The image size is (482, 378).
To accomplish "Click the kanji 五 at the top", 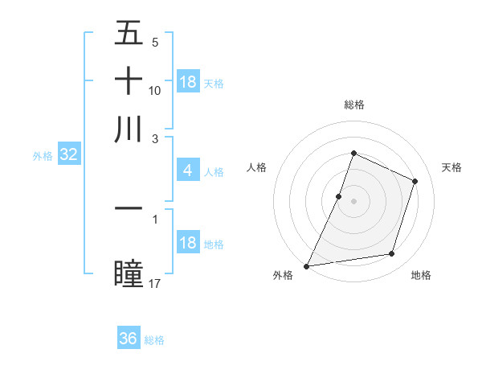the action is (x=129, y=35).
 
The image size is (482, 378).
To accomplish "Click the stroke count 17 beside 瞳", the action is (x=155, y=283).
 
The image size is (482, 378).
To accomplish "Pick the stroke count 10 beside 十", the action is (x=155, y=91).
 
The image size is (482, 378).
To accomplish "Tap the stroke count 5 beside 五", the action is (x=154, y=43).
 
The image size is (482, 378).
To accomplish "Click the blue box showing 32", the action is (x=68, y=155).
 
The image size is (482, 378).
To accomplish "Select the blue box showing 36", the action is (x=129, y=339).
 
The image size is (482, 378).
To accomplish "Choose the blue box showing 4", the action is (x=187, y=171).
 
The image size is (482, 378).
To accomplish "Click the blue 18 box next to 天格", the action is (x=188, y=82).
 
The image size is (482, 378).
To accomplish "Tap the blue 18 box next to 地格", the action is (x=188, y=244).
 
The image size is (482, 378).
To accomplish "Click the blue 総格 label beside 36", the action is (x=154, y=340).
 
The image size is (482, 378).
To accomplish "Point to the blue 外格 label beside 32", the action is (x=43, y=156).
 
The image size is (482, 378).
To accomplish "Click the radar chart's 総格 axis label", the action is (x=353, y=105).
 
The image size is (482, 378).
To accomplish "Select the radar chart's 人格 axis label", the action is (x=257, y=167).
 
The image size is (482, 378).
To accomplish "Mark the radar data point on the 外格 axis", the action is (x=307, y=265).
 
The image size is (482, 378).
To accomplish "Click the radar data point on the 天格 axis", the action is (x=415, y=181).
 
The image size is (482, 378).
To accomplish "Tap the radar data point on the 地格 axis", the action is (x=392, y=254).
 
